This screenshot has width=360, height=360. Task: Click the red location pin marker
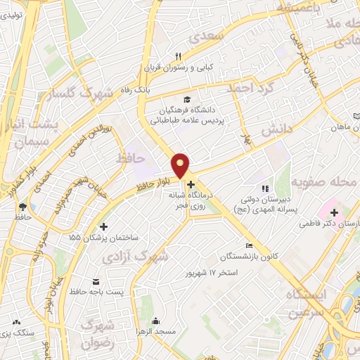181,165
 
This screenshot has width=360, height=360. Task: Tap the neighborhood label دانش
276,130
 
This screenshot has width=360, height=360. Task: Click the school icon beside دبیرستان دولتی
265,188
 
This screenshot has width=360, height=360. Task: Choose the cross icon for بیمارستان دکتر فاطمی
334,212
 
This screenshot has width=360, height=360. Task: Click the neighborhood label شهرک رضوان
98,334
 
